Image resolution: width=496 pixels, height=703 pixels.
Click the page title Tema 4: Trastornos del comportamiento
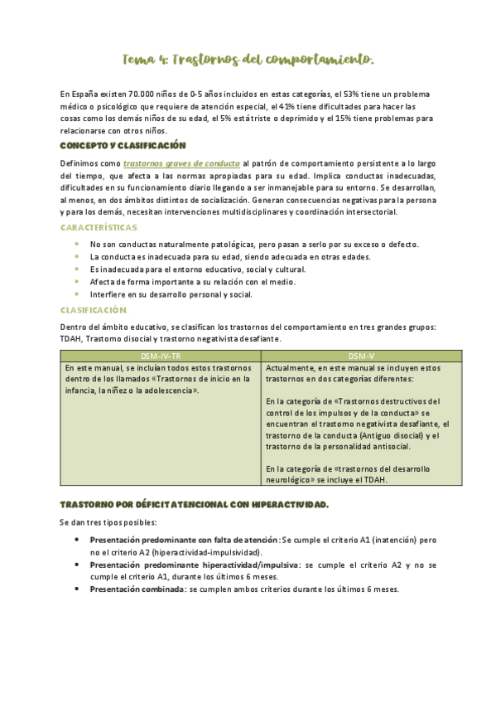tap(248, 60)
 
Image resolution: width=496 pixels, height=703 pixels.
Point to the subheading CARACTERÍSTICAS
tap(99, 227)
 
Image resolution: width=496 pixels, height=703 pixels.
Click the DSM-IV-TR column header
tap(159, 355)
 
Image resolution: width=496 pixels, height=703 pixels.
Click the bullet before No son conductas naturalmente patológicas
tap(77, 244)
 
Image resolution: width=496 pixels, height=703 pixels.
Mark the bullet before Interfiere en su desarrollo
tap(77, 293)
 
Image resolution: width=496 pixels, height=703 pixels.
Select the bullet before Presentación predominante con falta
tap(77, 540)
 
